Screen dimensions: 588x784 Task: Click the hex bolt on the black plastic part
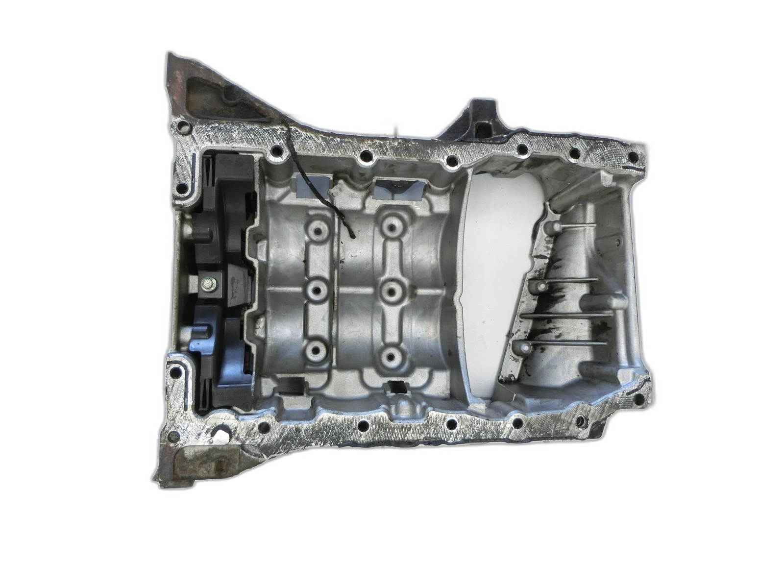pos(208,283)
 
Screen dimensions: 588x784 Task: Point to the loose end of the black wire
pos(353,237)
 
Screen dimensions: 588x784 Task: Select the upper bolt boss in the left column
pos(317,230)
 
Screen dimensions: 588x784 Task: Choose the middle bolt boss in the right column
pos(391,291)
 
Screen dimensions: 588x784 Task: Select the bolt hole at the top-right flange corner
pos(633,157)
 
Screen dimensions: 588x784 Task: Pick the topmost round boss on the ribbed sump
pos(554,226)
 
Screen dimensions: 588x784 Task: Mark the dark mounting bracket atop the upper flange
pos(478,122)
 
